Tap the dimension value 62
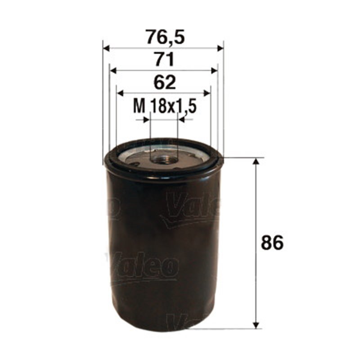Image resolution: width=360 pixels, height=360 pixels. (x=164, y=82)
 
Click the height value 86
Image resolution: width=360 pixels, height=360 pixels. (x=273, y=243)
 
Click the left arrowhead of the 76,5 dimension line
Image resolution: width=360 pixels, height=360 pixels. (x=107, y=48)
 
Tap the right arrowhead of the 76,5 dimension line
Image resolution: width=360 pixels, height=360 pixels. (x=220, y=48)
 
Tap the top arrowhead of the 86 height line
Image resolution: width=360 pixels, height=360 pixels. (x=256, y=162)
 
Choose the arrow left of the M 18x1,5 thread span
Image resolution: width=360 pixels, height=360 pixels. (x=145, y=120)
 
